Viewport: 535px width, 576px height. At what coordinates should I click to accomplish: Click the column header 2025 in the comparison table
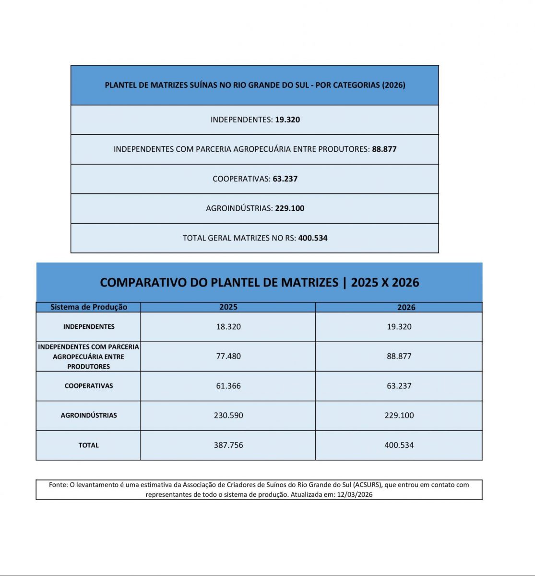[x=228, y=307]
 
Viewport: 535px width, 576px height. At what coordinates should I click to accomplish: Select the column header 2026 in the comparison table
[x=406, y=308]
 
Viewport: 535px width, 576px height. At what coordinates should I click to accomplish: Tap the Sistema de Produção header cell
[x=89, y=307]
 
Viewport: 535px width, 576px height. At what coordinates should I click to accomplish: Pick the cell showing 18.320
[x=228, y=327]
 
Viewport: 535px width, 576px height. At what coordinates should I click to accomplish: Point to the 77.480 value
[x=228, y=356]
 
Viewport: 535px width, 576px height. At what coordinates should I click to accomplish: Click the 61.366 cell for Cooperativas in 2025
[x=228, y=386]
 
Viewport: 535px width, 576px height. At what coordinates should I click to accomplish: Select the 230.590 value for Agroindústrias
[x=228, y=415]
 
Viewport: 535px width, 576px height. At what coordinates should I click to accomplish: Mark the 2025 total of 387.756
[x=228, y=445]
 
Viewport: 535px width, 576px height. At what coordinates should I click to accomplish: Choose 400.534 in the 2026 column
[x=399, y=445]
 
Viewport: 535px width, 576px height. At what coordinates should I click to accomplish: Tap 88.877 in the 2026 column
[x=399, y=356]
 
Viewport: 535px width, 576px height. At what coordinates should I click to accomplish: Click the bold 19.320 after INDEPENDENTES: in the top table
[x=287, y=120]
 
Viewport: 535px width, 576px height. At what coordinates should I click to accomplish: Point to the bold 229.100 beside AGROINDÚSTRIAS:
[x=289, y=208]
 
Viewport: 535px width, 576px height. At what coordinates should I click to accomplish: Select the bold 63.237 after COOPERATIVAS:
[x=285, y=179]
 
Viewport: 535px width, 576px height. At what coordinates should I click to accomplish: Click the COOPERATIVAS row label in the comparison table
[x=89, y=386]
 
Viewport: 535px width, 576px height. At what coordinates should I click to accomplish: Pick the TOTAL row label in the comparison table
[x=89, y=445]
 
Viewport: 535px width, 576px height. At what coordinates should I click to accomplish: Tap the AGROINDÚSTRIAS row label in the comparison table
[x=89, y=415]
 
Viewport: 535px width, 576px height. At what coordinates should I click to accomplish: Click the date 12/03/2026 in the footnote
[x=355, y=494]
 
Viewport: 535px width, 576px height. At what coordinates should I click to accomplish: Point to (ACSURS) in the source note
[x=368, y=485]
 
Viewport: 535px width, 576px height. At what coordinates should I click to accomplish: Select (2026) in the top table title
[x=393, y=85]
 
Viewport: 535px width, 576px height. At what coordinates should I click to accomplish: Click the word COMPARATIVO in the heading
[x=143, y=282]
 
